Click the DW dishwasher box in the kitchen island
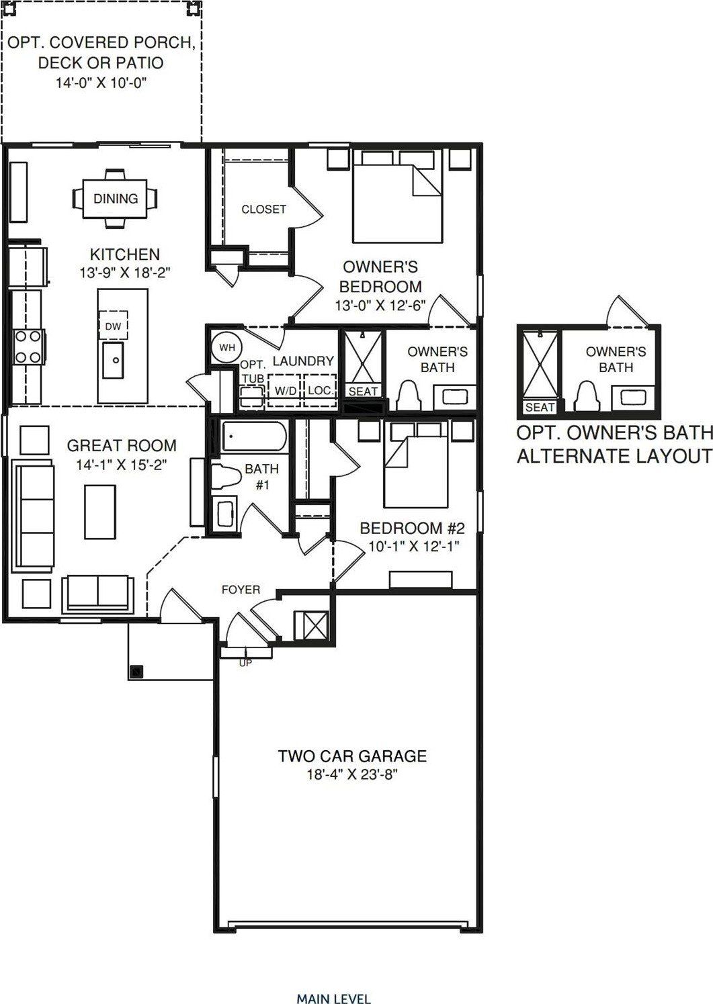pyautogui.click(x=114, y=326)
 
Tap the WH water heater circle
pyautogui.click(x=227, y=347)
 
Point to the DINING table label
pyautogui.click(x=116, y=199)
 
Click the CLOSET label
pyautogui.click(x=263, y=210)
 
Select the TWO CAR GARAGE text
pyautogui.click(x=352, y=756)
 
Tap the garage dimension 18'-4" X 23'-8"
pyautogui.click(x=352, y=774)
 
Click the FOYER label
pyautogui.click(x=241, y=590)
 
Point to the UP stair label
pyautogui.click(x=246, y=663)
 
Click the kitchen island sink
pyautogui.click(x=114, y=359)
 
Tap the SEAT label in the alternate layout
pyautogui.click(x=540, y=407)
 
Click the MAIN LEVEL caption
pyautogui.click(x=333, y=999)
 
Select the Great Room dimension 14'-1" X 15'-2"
pyautogui.click(x=122, y=464)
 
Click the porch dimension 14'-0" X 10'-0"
pyautogui.click(x=100, y=83)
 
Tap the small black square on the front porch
pyautogui.click(x=137, y=671)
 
